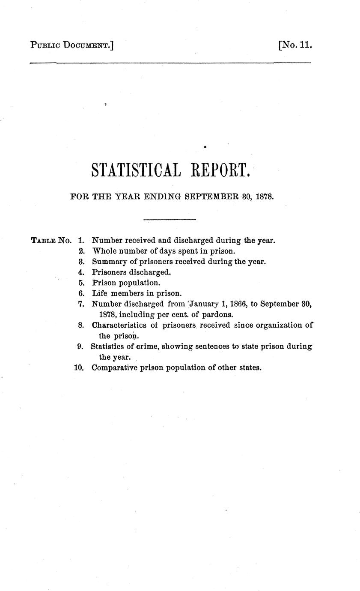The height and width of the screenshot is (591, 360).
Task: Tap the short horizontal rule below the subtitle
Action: click(170, 220)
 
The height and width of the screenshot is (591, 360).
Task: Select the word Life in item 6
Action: click(99, 293)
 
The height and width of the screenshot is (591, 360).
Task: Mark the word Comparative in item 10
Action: click(114, 367)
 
